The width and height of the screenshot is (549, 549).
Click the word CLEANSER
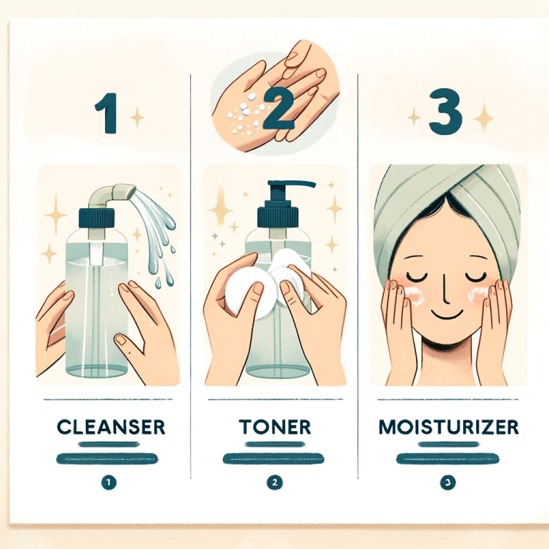click(x=111, y=427)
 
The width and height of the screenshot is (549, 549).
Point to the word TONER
click(x=274, y=427)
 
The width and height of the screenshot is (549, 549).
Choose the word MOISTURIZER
click(x=448, y=427)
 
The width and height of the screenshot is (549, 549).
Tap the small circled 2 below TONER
click(x=274, y=483)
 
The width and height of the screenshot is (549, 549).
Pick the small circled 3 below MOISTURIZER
click(x=448, y=483)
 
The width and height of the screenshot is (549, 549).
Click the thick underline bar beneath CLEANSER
click(x=109, y=455)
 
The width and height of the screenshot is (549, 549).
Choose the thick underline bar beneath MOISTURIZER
click(x=447, y=455)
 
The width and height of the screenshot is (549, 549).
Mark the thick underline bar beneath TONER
click(x=274, y=455)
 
